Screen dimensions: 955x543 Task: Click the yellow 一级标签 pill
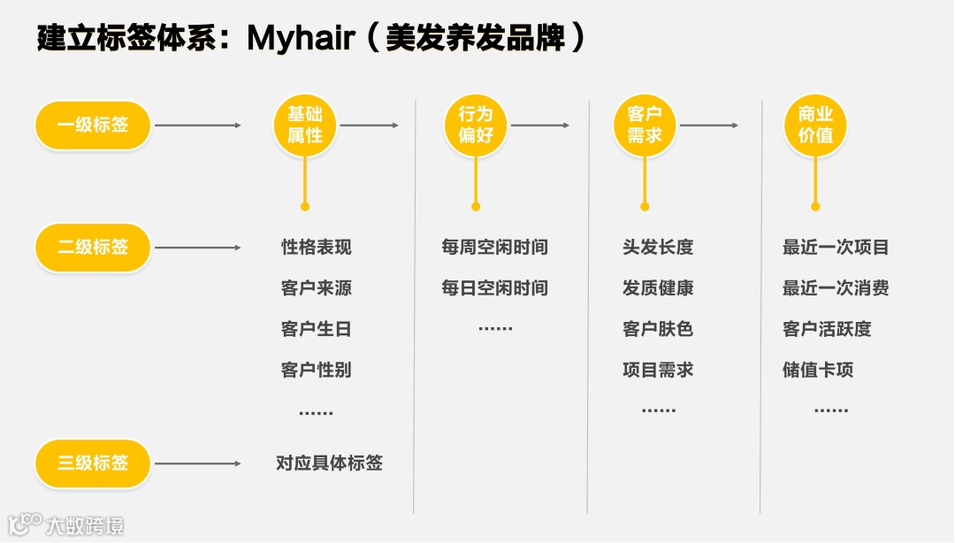[93, 126]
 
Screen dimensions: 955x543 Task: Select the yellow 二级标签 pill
[93, 248]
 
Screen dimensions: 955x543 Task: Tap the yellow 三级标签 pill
[93, 463]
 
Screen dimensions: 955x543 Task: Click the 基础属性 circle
[305, 126]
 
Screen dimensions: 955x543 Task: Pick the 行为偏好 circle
[476, 126]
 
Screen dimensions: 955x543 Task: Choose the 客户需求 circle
[645, 126]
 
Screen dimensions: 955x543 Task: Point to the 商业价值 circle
[815, 126]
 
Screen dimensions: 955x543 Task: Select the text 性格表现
[317, 248]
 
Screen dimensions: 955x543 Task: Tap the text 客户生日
[317, 329]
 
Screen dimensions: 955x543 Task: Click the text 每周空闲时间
[494, 248]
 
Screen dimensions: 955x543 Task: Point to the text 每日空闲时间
[494, 288]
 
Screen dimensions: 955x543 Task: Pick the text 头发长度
[658, 248]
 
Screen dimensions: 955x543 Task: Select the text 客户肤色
[658, 329]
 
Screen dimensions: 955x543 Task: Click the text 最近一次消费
[836, 288]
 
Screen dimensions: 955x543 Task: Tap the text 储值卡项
[818, 370]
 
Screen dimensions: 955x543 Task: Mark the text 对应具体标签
[329, 463]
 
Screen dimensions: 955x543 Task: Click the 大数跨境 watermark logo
[65, 525]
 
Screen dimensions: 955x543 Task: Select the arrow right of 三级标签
[198, 463]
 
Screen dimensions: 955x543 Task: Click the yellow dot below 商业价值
[815, 207]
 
